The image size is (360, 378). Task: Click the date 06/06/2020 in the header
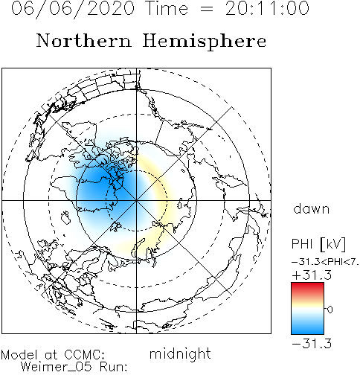73,9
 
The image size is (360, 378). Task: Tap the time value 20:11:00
267,8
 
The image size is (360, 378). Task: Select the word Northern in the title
84,40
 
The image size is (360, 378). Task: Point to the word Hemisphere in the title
205,42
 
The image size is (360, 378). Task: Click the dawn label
312,208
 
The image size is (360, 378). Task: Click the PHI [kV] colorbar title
318,244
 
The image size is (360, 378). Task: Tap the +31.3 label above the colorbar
312,275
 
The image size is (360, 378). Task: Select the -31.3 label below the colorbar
312,344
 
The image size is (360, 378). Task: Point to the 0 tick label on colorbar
330,310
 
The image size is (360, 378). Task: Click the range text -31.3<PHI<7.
325,262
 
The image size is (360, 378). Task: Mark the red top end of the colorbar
307,283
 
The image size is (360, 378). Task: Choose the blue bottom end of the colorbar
307,333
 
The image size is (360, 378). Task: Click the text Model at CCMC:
53,355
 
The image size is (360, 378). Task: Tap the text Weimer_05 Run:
74,367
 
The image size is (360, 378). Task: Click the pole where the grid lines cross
136,200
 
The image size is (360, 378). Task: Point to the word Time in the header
167,8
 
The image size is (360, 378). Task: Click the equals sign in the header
206,10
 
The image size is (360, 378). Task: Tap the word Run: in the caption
114,367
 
